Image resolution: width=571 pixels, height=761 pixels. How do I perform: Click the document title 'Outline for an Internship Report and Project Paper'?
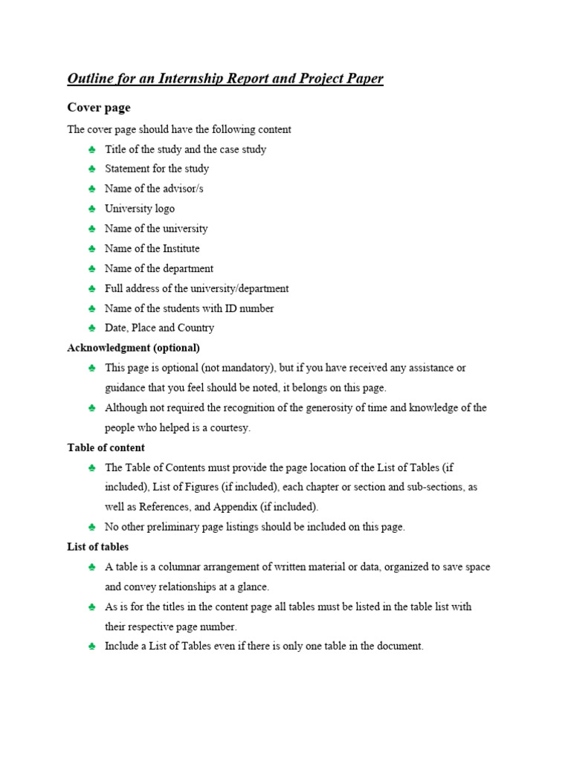coord(225,79)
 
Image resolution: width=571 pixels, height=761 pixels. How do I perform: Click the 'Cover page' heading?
coord(99,108)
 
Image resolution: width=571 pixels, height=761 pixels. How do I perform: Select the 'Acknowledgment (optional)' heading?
coord(133,348)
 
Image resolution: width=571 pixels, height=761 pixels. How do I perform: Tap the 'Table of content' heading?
coord(106,447)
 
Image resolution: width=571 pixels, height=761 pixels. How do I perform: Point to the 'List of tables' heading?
coord(97,547)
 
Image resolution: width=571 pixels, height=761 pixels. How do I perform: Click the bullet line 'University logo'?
coord(140,209)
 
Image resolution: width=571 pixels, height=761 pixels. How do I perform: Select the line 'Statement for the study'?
coord(157,169)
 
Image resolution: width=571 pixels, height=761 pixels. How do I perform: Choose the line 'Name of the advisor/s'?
coord(154,189)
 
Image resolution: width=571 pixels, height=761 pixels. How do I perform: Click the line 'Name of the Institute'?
coord(152,248)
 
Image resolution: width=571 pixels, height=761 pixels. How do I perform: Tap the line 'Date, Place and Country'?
coord(159,328)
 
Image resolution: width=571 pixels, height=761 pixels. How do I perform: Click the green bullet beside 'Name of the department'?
coord(91,269)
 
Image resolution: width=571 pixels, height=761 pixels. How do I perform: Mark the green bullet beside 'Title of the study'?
coord(91,149)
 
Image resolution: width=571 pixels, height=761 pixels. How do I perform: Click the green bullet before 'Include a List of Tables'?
coord(91,647)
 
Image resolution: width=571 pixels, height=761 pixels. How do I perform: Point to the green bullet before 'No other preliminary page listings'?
coord(91,527)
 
